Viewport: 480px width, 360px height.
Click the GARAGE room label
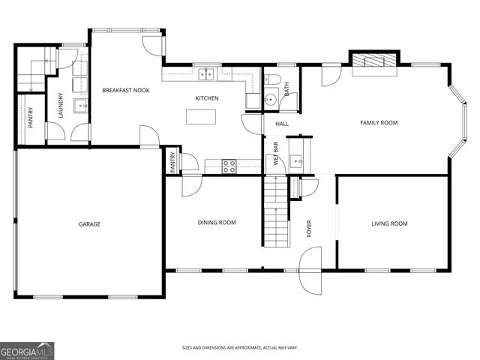click(89, 223)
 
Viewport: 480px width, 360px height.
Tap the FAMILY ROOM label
click(379, 122)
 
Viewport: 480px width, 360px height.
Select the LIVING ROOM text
click(389, 223)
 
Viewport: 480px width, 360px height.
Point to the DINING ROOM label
click(217, 222)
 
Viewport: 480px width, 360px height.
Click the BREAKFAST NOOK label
click(126, 90)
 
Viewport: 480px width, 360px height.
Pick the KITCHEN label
click(207, 98)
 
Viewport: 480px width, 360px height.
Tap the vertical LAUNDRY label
click(61, 106)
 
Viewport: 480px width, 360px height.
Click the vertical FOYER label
click(309, 229)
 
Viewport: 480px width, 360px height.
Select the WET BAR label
click(275, 153)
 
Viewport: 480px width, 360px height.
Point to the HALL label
click(282, 124)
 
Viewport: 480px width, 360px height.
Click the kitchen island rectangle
click(201, 117)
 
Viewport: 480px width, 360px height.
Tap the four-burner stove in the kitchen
click(229, 166)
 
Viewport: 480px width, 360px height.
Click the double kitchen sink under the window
click(207, 73)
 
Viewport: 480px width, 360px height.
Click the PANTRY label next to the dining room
click(172, 162)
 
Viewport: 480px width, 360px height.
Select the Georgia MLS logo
click(27, 350)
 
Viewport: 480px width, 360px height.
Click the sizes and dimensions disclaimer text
click(240, 348)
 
